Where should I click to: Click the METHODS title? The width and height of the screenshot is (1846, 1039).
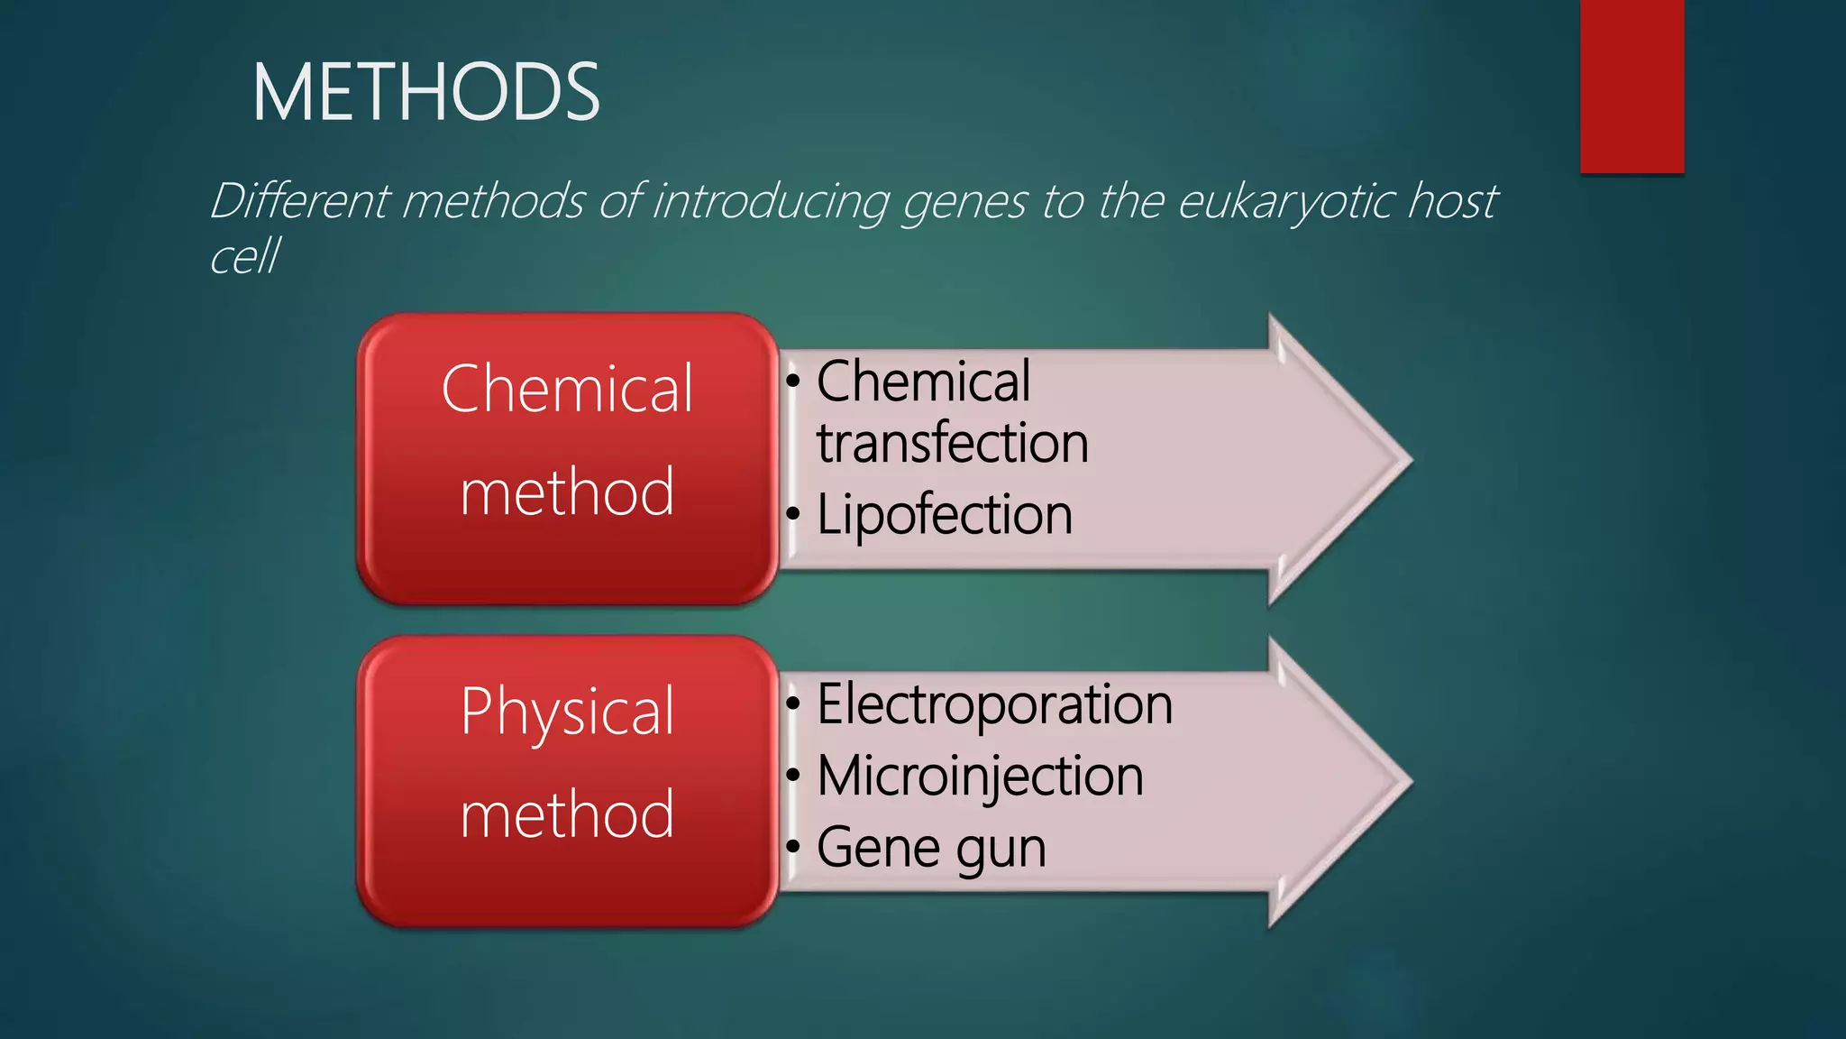[x=425, y=92]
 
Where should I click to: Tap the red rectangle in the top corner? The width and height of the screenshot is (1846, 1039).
[x=1631, y=86]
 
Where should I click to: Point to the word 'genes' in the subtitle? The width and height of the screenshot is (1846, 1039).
[x=964, y=202]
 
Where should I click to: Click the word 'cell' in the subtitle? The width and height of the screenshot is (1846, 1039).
[x=244, y=256]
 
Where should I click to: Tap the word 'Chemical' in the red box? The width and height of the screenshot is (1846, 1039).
[x=567, y=389]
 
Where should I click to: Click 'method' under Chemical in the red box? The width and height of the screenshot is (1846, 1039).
[x=567, y=492]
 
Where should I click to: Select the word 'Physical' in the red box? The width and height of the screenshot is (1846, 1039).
[x=567, y=713]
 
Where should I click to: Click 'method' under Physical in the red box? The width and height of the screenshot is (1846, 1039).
[x=567, y=814]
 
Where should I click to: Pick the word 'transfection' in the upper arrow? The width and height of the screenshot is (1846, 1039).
[x=953, y=443]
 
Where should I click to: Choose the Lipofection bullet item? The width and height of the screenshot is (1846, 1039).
[x=944, y=515]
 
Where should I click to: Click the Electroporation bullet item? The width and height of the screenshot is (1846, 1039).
[x=994, y=703]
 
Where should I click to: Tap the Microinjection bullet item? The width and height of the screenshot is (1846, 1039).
[x=980, y=776]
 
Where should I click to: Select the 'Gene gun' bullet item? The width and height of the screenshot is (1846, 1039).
[x=931, y=848]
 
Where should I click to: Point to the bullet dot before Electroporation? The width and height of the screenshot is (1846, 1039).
[x=793, y=703]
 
